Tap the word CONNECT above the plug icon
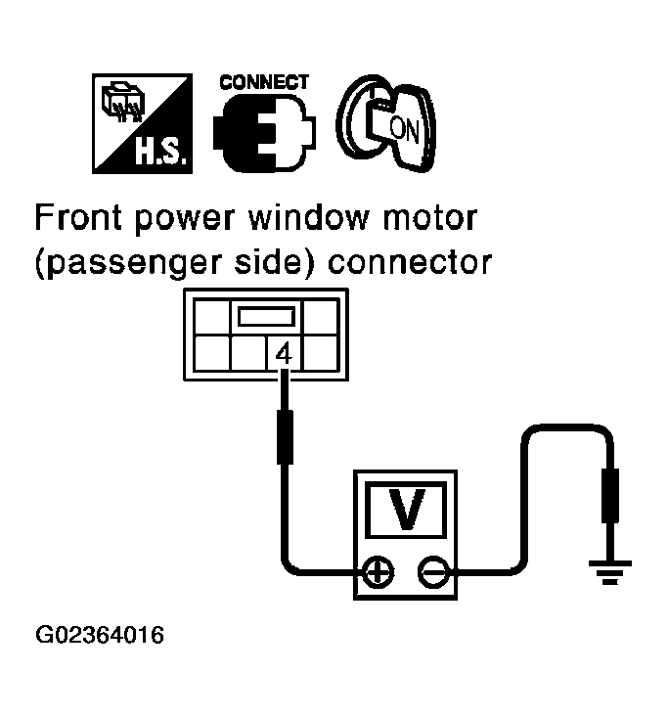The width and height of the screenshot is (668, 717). click(264, 82)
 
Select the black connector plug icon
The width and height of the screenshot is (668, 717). click(263, 131)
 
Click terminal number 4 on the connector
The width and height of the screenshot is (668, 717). click(284, 353)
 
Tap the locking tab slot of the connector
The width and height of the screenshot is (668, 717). click(264, 318)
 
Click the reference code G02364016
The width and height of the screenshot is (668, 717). click(99, 637)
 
